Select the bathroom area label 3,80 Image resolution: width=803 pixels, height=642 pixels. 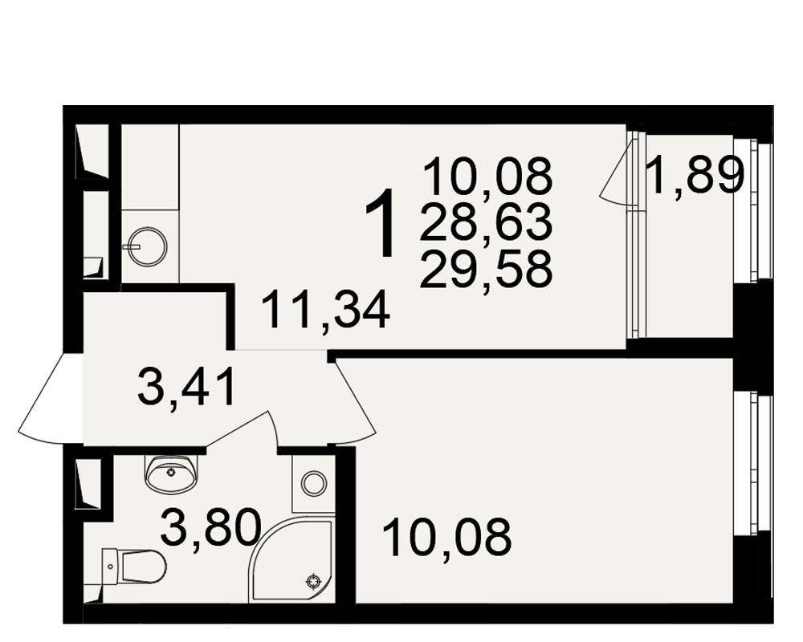coord(210,527)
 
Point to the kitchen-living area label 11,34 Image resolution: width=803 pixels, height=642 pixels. coord(326,309)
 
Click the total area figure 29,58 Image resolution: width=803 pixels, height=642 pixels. coord(486,268)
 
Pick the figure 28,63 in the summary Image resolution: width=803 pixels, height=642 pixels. coord(486,221)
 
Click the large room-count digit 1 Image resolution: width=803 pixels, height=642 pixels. coord(381,223)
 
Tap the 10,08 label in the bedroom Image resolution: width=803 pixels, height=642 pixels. coord(446,537)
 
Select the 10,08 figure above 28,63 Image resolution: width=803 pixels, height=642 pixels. coord(487,176)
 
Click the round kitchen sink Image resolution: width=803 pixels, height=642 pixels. coord(148,246)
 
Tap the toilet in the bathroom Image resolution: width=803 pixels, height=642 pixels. coord(133,566)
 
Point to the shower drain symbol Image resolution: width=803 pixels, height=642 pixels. coord(312,581)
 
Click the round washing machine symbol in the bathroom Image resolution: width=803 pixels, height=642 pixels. coord(313,482)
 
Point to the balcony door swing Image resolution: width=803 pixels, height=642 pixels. coord(617,171)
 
